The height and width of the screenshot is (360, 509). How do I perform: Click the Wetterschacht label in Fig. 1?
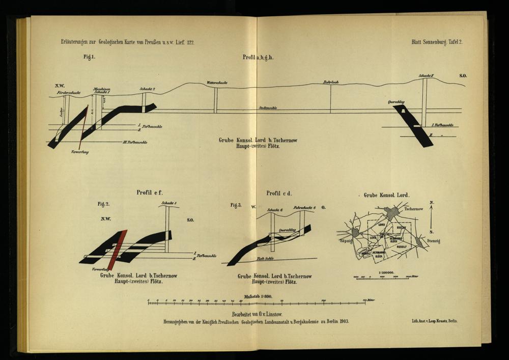(x=217, y=82)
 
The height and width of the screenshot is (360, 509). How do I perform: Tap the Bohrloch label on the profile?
(x=331, y=82)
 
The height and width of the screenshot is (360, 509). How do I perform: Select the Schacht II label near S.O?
(x=426, y=76)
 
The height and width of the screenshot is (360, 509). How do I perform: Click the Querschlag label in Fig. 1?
(x=396, y=102)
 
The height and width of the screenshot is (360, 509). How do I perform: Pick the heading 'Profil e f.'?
(x=149, y=192)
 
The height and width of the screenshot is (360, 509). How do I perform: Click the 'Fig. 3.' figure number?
(x=236, y=205)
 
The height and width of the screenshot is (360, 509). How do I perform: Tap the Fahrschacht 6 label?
(x=305, y=208)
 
